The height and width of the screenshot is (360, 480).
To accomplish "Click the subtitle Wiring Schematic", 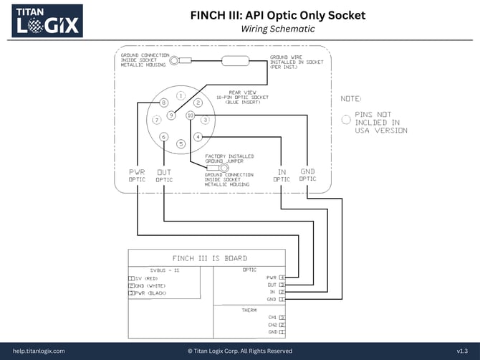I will point(277,29).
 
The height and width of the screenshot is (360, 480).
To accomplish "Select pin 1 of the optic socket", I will point(181,95).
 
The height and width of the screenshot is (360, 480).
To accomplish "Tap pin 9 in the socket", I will point(171,115).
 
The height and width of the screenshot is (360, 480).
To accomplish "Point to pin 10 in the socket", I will point(190,115).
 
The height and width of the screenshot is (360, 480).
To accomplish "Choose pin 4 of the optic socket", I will point(198,136).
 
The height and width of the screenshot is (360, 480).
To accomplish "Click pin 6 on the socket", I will point(164,136).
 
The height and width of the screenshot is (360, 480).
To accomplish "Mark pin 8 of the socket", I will point(164,103).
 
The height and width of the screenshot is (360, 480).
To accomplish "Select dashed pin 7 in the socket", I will point(157,120).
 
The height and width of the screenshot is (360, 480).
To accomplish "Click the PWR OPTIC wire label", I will point(137,176).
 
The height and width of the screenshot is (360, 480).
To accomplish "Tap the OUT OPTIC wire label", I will point(164,176).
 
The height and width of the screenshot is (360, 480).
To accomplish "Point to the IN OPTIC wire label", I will point(282,176).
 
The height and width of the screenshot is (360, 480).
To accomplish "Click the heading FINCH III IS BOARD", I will point(210,258).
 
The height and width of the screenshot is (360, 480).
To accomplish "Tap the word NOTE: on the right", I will point(351,98).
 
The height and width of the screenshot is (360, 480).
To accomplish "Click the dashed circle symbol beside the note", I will point(347,120).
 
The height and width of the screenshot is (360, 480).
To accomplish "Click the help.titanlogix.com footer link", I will point(39,351).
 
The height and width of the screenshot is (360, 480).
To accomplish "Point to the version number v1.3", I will point(462,351).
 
